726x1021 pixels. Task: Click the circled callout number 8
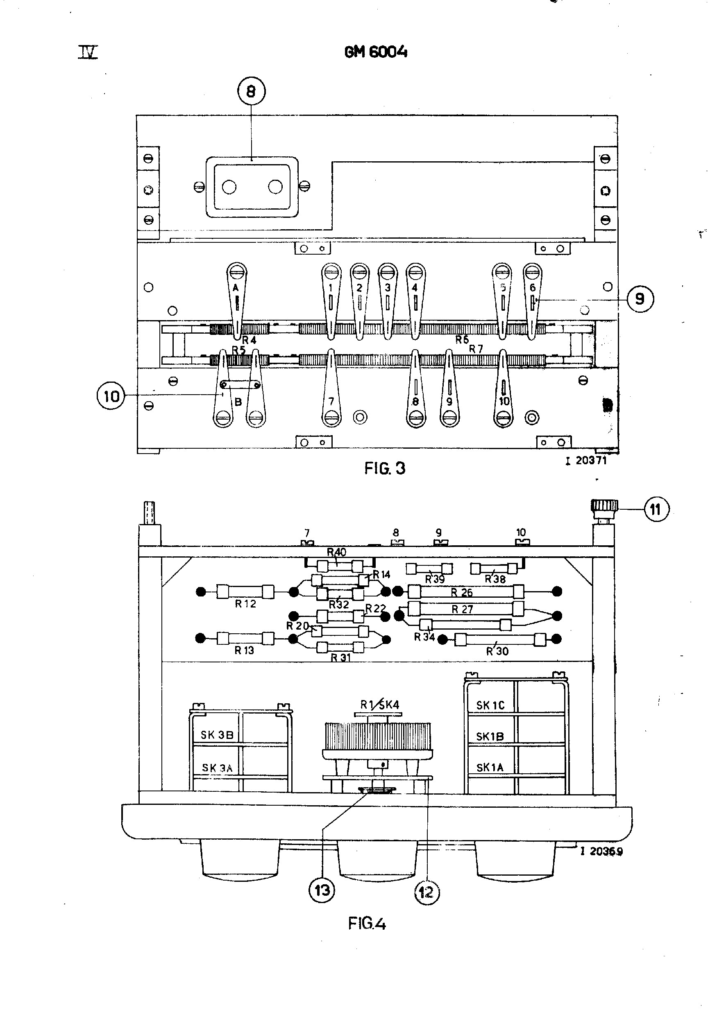coord(251,92)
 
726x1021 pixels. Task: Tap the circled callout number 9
coord(640,299)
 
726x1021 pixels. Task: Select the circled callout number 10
coord(111,396)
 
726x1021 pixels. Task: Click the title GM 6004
coord(376,52)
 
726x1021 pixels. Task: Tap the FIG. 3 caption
coord(385,468)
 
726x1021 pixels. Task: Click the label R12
coord(245,604)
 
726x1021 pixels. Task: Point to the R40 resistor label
coord(336,552)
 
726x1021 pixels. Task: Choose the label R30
coord(497,651)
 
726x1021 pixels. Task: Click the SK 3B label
coord(217,735)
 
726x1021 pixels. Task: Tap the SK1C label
coord(490,705)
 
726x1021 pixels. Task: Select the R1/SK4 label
coord(379,705)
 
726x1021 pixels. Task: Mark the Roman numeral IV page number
coord(88,53)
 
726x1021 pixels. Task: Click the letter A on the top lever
coord(236,288)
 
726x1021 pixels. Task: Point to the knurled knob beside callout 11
coord(604,507)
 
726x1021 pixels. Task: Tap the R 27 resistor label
coord(462,609)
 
